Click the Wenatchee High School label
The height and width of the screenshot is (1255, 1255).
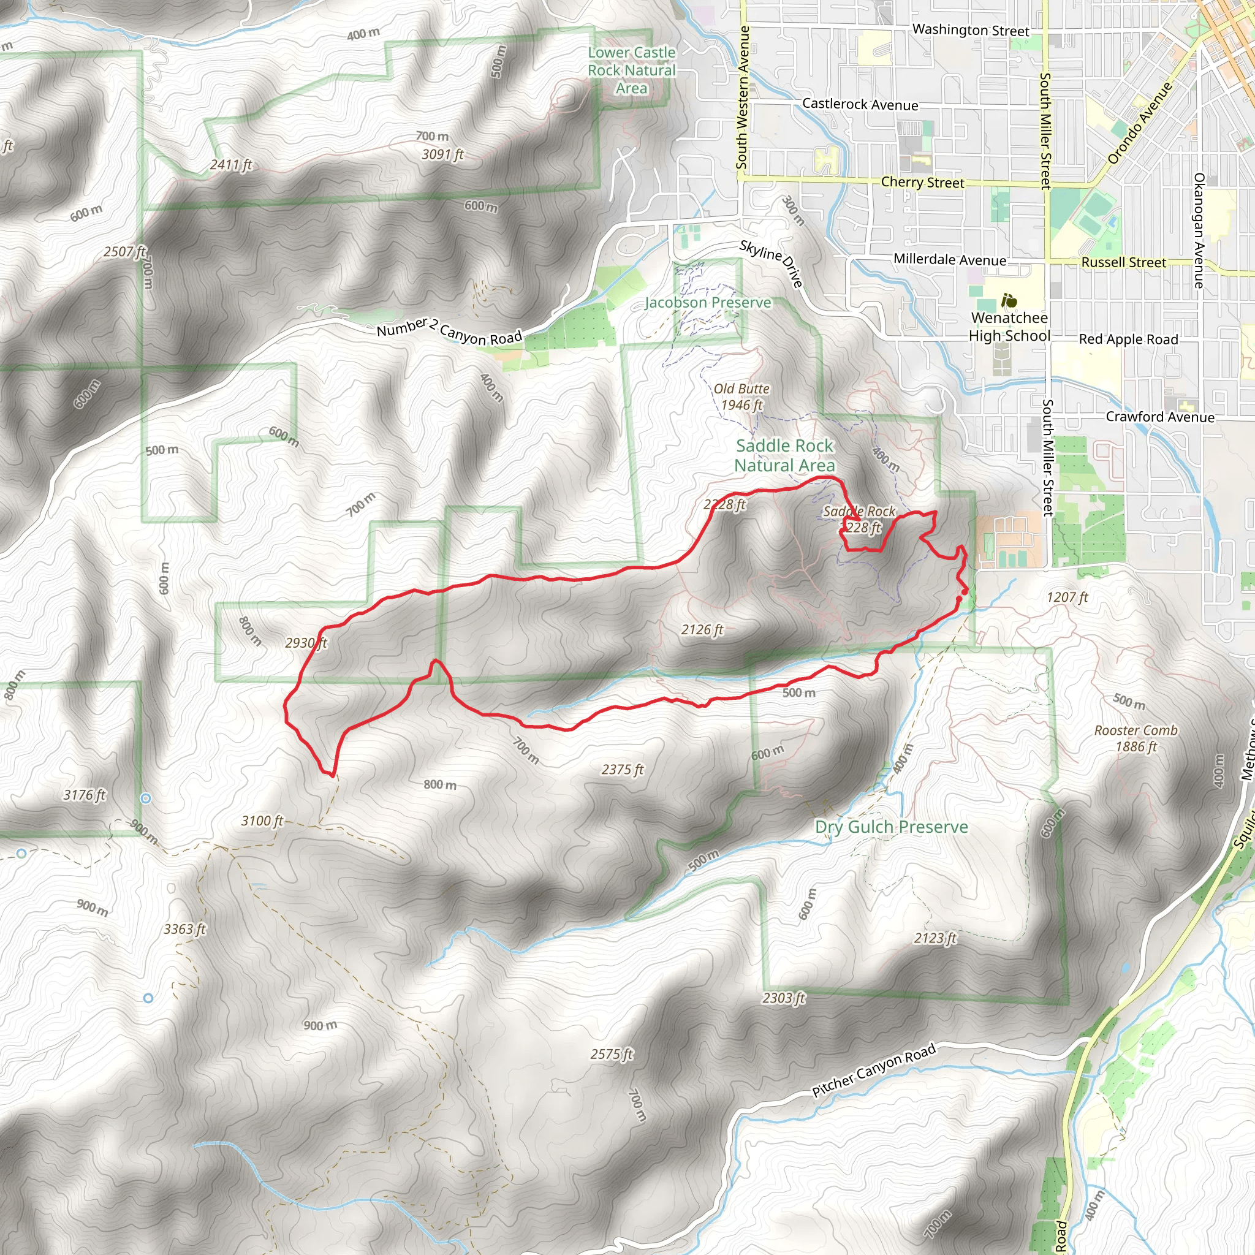[x=1009, y=327]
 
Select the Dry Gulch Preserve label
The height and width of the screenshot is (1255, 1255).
[x=891, y=827]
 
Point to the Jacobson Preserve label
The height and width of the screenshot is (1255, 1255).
[x=707, y=303]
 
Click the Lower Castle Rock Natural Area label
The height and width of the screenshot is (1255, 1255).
[x=631, y=70]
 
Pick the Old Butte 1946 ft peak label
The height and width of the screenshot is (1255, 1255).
[x=741, y=396]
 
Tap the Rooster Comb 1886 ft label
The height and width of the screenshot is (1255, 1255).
[x=1136, y=738]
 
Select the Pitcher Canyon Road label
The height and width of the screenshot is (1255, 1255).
[x=873, y=1069]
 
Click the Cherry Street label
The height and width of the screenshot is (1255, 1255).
[x=922, y=183]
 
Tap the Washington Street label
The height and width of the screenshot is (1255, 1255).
[x=971, y=30]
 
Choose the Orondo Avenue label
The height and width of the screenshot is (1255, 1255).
[x=1139, y=123]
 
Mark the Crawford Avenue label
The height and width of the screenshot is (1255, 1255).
[x=1159, y=417]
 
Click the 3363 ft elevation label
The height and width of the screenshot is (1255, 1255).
[x=184, y=929]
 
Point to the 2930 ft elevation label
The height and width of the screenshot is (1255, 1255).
[x=306, y=643]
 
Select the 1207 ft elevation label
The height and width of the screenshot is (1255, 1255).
[x=1067, y=597]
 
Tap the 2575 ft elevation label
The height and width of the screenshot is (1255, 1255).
[x=611, y=1053]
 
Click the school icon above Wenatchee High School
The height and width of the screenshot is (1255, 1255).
[x=1008, y=301]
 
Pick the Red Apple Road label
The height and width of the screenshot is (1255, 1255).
[x=1128, y=339]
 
